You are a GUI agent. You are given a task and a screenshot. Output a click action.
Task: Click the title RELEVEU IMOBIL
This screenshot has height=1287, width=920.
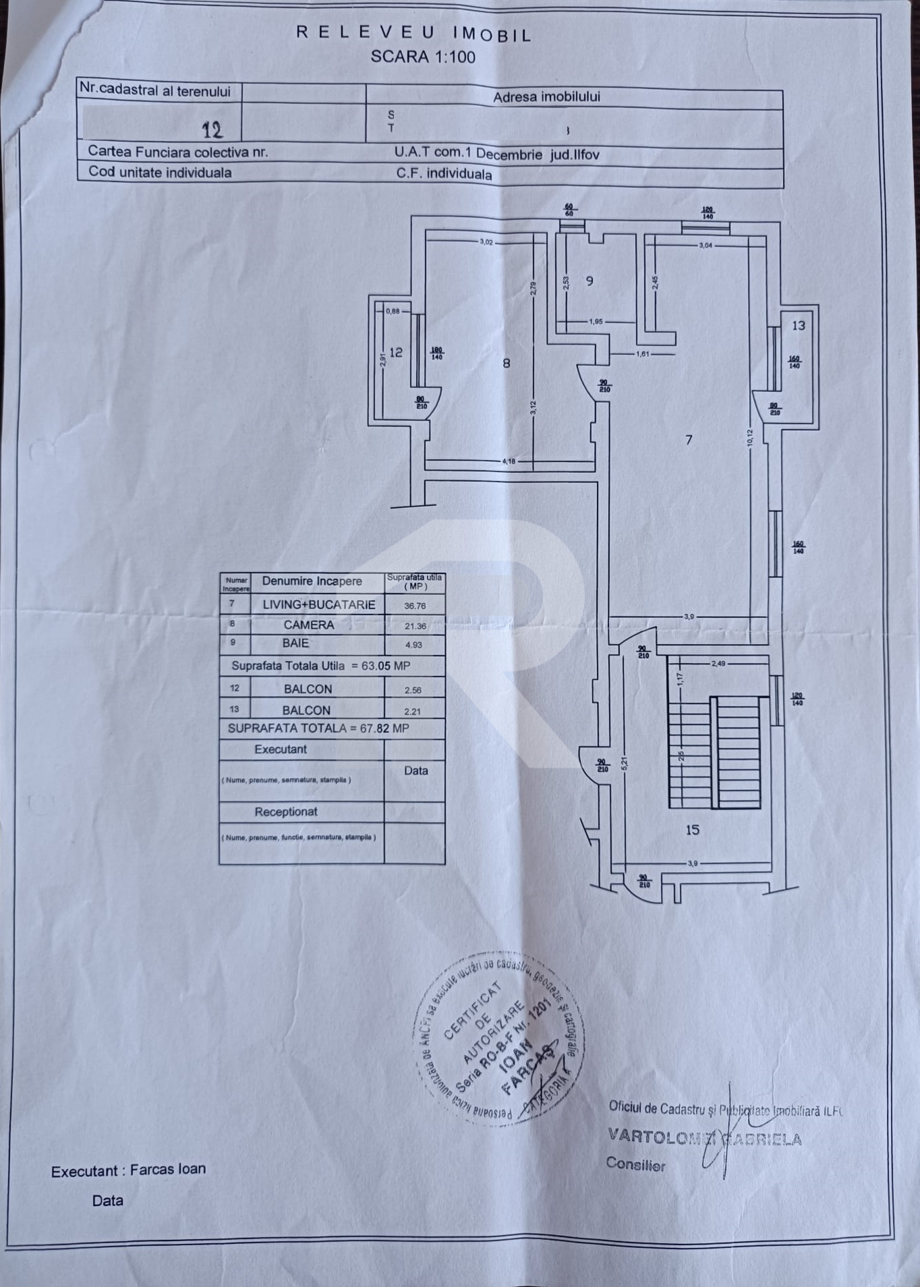click(x=414, y=33)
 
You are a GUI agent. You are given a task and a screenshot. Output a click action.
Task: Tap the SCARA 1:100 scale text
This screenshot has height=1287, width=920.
click(x=423, y=57)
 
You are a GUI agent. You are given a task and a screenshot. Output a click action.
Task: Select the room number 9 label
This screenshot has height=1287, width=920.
click(x=590, y=281)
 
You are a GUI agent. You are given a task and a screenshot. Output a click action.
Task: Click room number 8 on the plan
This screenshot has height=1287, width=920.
click(x=507, y=363)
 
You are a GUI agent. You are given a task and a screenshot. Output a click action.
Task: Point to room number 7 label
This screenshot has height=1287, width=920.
click(x=688, y=440)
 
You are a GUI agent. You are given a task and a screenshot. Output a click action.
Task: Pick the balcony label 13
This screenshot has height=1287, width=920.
click(x=798, y=326)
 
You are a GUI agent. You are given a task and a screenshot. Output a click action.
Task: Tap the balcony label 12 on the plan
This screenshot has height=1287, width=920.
click(x=396, y=352)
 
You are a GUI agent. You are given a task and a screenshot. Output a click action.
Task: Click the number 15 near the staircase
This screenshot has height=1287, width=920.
click(x=693, y=830)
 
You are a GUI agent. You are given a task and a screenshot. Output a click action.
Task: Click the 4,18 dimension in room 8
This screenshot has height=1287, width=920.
click(x=509, y=461)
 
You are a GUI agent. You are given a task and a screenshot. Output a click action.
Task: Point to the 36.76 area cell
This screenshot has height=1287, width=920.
click(x=415, y=606)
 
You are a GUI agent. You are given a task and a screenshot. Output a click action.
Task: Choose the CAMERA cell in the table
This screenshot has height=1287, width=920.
click(x=309, y=625)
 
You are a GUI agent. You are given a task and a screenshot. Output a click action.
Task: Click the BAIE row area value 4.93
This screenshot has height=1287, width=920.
click(x=413, y=645)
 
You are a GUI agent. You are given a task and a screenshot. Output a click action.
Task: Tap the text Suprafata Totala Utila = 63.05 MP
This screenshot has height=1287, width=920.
click(x=320, y=666)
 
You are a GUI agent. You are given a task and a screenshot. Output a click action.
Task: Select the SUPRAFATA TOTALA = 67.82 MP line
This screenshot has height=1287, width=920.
click(x=318, y=728)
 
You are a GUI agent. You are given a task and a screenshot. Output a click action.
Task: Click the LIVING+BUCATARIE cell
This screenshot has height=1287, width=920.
click(x=318, y=604)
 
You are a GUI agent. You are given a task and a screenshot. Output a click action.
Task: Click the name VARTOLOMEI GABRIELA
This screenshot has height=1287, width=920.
click(x=704, y=1137)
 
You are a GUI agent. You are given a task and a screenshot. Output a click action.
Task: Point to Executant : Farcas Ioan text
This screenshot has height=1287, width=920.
click(x=128, y=1170)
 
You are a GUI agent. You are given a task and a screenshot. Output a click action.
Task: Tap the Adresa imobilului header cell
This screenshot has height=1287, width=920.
click(x=546, y=96)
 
